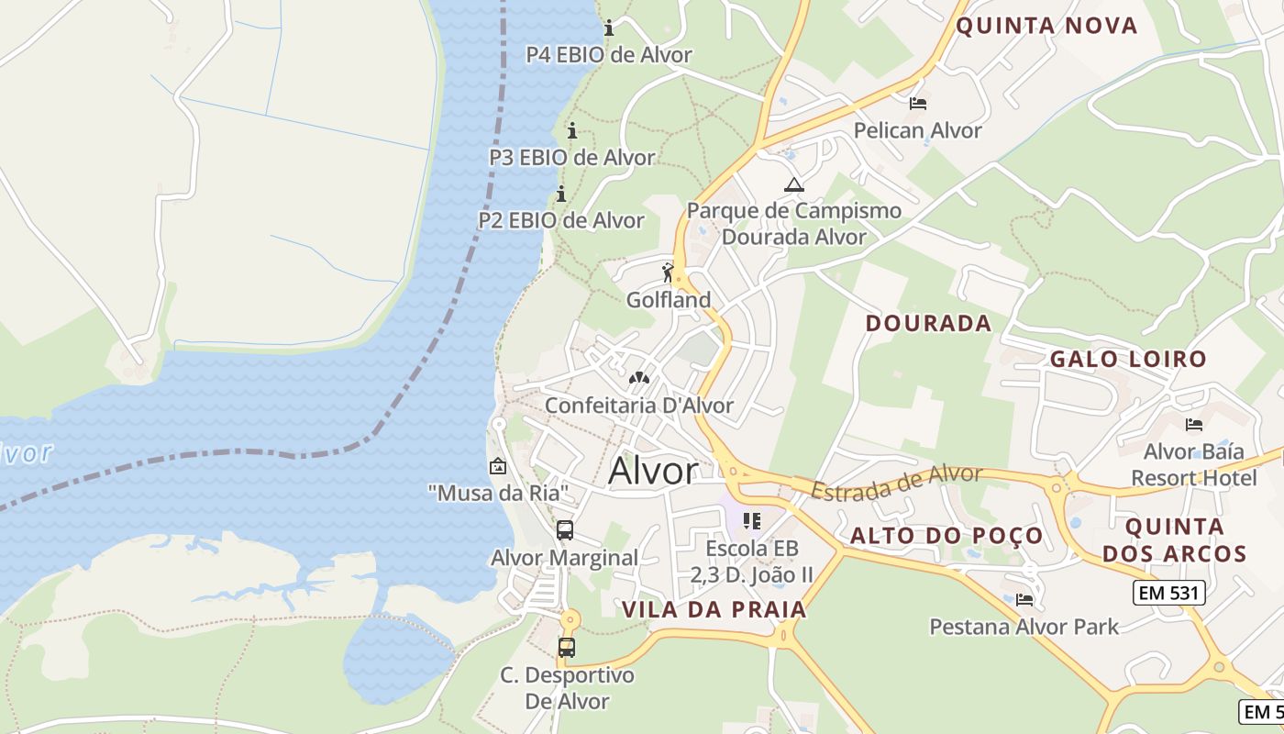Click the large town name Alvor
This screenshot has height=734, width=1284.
coord(653,471)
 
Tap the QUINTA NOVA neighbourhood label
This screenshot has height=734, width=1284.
coord(1046,26)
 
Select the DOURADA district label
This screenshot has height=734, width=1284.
coord(928,323)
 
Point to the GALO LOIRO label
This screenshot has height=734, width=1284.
coord(1127,359)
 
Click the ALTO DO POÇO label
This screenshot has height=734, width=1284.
coord(946,536)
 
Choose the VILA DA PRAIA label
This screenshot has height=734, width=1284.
coord(714,609)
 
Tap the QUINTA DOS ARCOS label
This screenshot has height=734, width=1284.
coord(1174,540)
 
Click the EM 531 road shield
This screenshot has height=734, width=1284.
coord(1168,593)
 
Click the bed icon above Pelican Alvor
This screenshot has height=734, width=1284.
coord(917,104)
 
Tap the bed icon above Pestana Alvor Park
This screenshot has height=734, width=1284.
coord(1024,600)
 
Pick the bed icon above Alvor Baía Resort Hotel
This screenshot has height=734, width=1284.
coord(1193,425)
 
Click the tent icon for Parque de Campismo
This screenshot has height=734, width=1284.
coord(793,184)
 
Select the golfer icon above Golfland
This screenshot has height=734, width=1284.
coord(668,272)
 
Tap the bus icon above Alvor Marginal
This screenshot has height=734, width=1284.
coord(565,530)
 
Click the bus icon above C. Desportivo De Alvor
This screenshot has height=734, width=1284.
coord(567,648)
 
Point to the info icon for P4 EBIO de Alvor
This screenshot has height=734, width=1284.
coord(608,28)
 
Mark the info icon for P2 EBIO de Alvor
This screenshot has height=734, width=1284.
coord(560,195)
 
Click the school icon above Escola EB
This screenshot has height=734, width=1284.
coord(752,522)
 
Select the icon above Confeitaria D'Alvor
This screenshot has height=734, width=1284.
coord(638,378)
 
